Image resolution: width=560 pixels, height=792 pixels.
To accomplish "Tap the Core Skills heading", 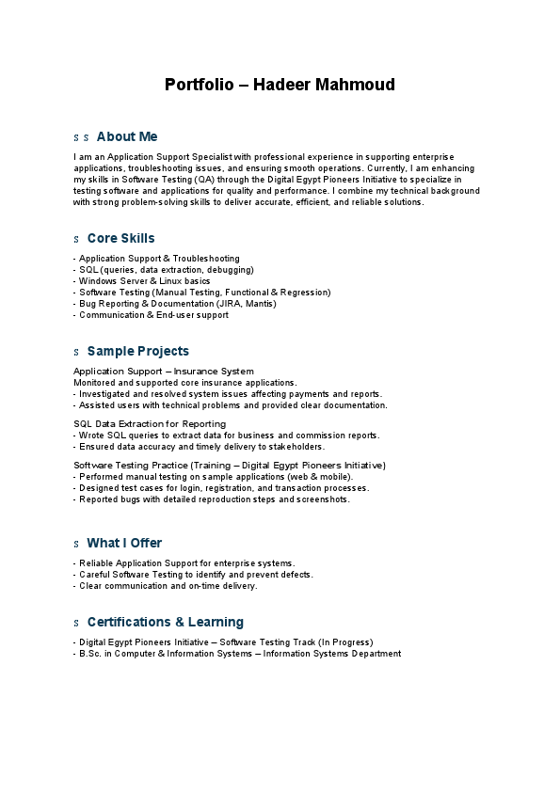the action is pyautogui.click(x=120, y=239).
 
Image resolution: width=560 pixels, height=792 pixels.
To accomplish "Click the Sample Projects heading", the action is pyautogui.click(x=137, y=352).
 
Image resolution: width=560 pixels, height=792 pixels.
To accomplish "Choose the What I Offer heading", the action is pyautogui.click(x=124, y=544).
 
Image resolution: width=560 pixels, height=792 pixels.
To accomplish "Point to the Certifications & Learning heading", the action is pyautogui.click(x=165, y=623).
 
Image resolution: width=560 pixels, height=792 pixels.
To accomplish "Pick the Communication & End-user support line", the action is pyautogui.click(x=152, y=315).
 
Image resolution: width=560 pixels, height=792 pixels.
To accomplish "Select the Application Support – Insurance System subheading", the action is pyautogui.click(x=163, y=372).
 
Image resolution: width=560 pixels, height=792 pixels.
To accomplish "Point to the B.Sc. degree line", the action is pyautogui.click(x=239, y=654).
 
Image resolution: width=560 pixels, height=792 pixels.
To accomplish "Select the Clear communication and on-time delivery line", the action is pyautogui.click(x=167, y=586).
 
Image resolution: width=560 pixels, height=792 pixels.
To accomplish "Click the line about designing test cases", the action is pyautogui.click(x=223, y=488).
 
